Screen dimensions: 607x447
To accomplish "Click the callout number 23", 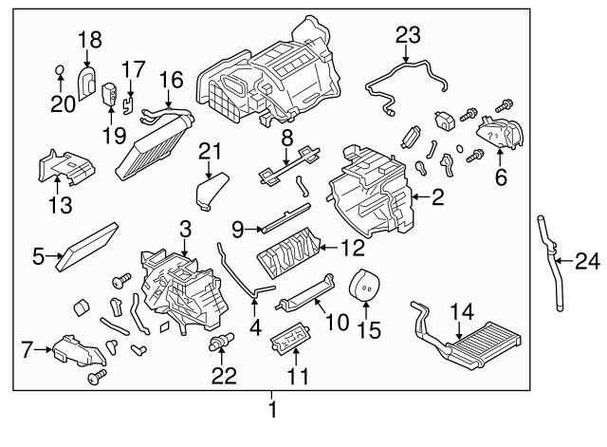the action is click(408, 35).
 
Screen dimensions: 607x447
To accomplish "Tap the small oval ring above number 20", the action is click(60, 70).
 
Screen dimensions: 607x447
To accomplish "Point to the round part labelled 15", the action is click(364, 285).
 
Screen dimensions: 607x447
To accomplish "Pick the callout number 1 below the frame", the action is click(272, 409).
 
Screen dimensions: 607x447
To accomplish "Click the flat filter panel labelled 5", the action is click(86, 246).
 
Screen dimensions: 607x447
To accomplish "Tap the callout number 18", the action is click(90, 40).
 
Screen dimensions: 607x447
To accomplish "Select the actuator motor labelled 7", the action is click(79, 351).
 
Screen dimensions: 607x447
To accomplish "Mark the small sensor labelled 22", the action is click(221, 341).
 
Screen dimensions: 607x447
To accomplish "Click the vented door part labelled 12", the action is click(288, 252).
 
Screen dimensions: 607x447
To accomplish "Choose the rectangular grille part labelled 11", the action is click(291, 339).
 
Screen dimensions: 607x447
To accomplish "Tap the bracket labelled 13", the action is click(66, 166).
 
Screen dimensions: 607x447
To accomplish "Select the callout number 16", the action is click(172, 80).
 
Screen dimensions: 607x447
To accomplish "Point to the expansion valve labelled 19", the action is click(109, 94).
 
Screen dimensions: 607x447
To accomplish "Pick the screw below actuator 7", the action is click(97, 376).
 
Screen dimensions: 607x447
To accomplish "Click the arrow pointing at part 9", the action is click(254, 230).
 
